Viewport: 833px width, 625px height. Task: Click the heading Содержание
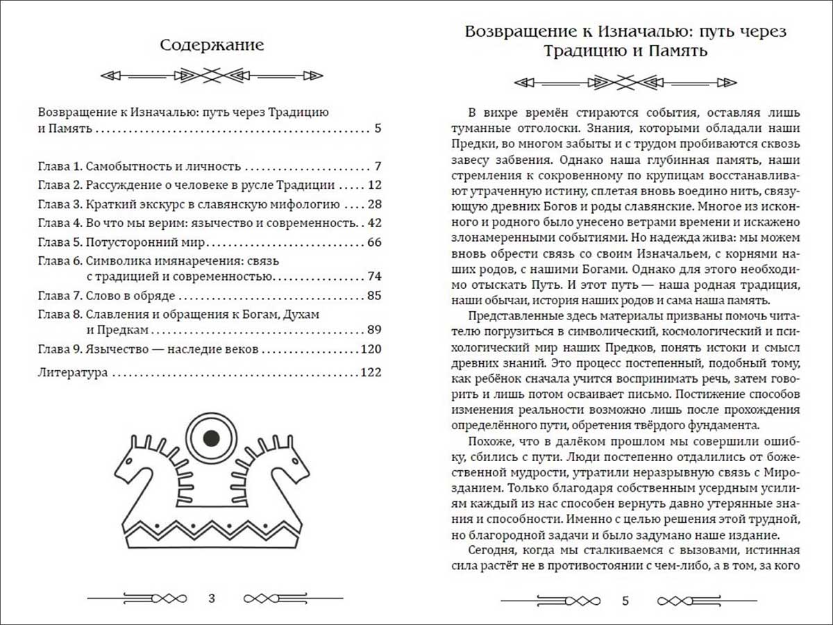coord(212,46)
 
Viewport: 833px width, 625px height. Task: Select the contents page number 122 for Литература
coord(371,373)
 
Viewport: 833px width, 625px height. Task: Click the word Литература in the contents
coord(73,373)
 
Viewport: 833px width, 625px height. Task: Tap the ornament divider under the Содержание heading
coord(212,75)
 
